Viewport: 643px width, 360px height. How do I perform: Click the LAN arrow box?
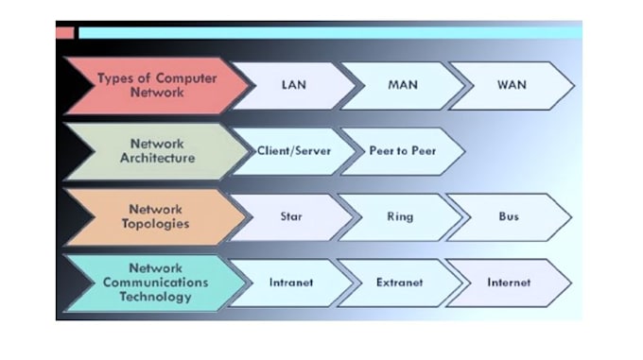click(x=294, y=85)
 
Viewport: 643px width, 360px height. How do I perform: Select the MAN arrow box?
click(x=403, y=85)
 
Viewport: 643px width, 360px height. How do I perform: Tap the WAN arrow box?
click(x=511, y=85)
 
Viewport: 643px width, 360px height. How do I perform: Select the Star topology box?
click(x=291, y=217)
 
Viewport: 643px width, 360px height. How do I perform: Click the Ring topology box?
click(x=400, y=217)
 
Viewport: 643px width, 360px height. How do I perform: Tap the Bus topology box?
click(x=509, y=217)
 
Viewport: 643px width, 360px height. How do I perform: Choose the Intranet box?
click(x=291, y=283)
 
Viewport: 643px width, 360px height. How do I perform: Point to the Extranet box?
click(x=399, y=283)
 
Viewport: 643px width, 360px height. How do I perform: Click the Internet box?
click(x=509, y=283)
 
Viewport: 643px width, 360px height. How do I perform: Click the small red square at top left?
click(x=64, y=33)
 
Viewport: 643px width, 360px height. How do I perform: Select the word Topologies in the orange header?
click(x=156, y=225)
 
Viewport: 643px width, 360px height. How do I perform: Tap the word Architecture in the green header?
click(x=156, y=159)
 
